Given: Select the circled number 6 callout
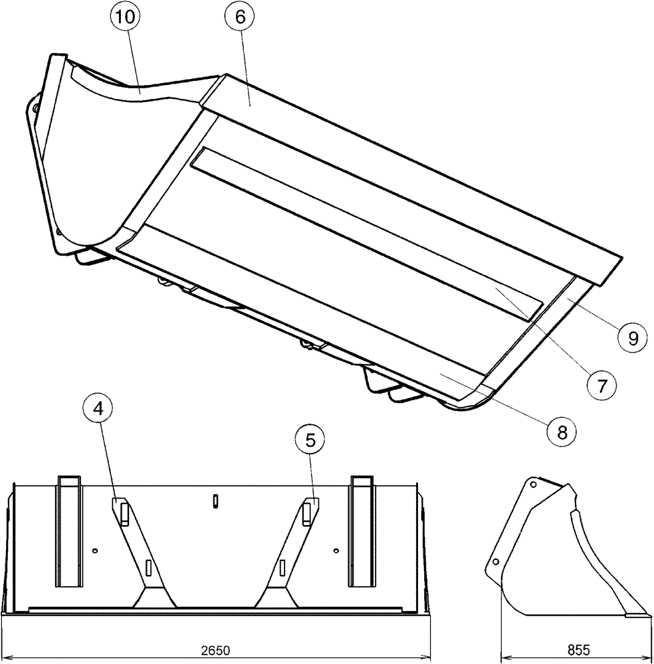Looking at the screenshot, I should coord(239,18).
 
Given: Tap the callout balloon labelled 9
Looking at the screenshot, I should coord(631,338).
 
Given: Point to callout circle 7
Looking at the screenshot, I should coord(601,384).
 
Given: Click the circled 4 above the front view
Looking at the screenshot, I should coord(98,410).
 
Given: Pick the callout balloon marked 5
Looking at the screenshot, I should coord(311,438).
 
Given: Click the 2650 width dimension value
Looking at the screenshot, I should coord(214,648).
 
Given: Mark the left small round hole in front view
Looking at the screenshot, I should coord(96,550).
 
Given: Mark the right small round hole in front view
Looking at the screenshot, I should coord(337,550).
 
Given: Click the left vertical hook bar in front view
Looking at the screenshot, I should coord(69,531).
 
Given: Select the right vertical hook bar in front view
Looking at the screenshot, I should coord(362,531).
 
